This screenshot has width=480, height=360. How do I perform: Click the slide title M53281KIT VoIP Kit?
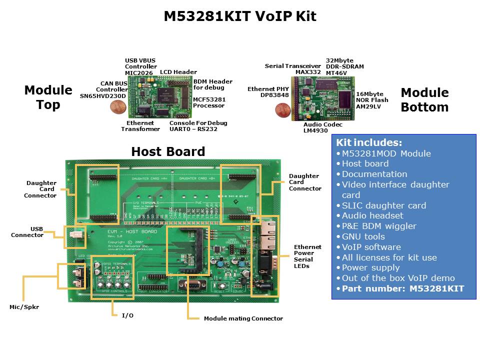pyautogui.click(x=240, y=16)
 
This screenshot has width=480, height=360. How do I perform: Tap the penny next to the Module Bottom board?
pyautogui.click(x=283, y=110)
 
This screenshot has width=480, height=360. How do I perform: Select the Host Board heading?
pyautogui.click(x=168, y=151)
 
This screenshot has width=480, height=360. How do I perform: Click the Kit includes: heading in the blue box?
pyautogui.click(x=369, y=142)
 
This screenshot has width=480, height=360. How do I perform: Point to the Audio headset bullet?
pyautogui.click(x=372, y=215)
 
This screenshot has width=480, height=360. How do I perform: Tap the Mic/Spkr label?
pyautogui.click(x=24, y=307)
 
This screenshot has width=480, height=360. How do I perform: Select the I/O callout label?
pyautogui.click(x=127, y=315)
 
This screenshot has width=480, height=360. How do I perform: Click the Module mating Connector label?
pyautogui.click(x=243, y=318)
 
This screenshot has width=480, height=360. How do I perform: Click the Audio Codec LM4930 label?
pyautogui.click(x=322, y=127)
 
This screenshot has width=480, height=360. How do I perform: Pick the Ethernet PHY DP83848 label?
pyautogui.click(x=268, y=92)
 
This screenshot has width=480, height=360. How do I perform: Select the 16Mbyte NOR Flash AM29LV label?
pyautogui.click(x=372, y=100)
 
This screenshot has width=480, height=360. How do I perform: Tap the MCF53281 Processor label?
pyautogui.click(x=208, y=102)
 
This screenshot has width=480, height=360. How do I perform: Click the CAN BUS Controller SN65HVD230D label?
pyautogui.click(x=104, y=89)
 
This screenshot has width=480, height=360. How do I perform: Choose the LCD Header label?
pyautogui.click(x=178, y=72)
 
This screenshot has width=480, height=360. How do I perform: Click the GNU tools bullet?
pyautogui.click(x=363, y=236)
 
